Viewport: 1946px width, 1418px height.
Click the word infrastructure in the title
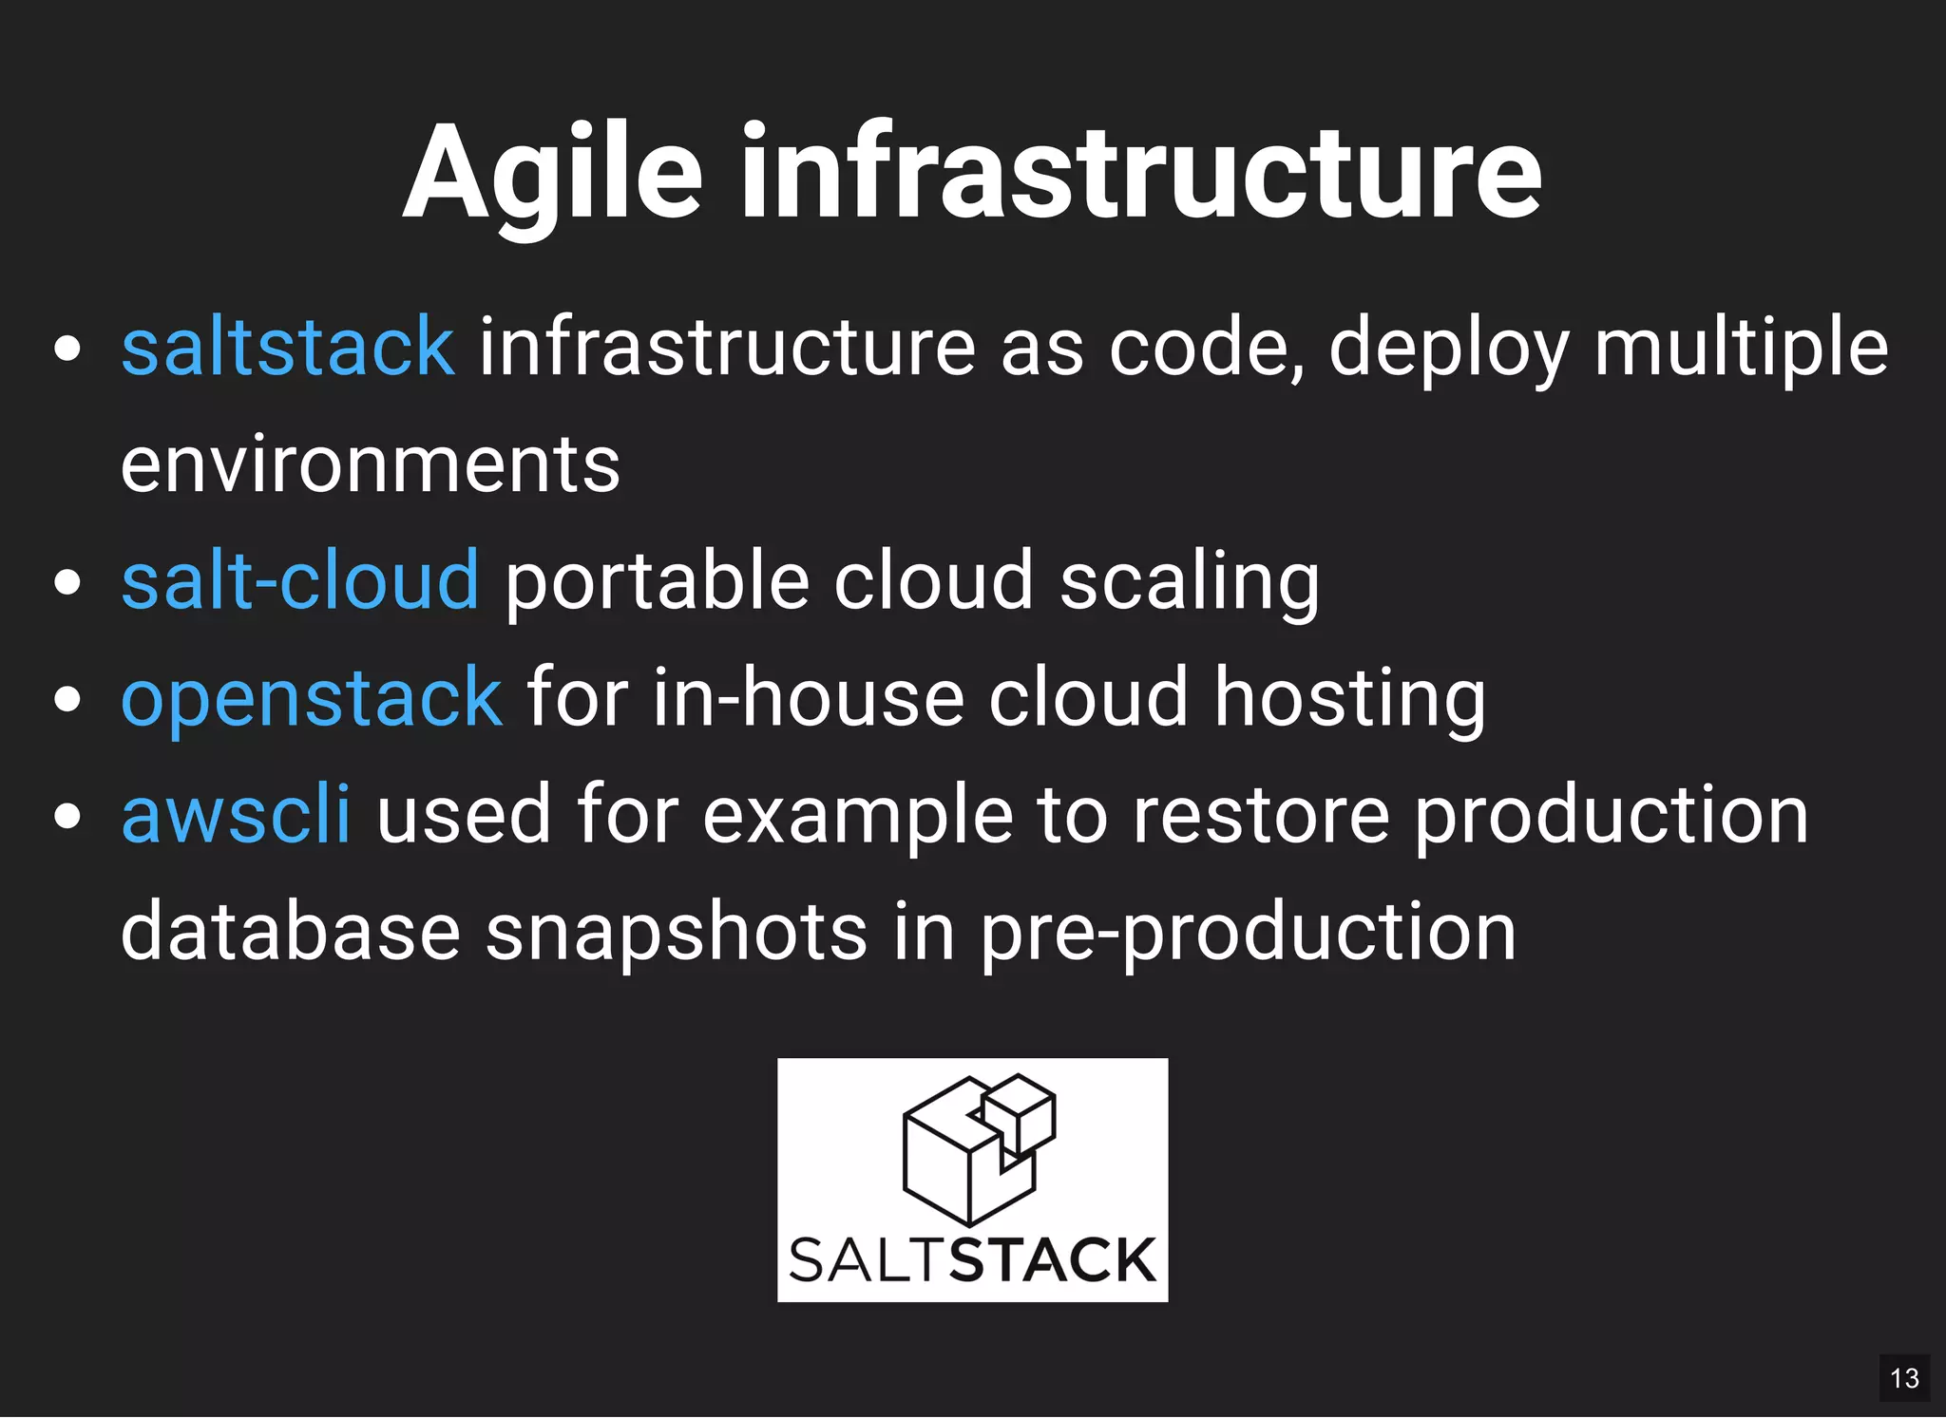pyautogui.click(x=1141, y=174)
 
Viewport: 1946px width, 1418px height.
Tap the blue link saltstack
pyautogui.click(x=288, y=348)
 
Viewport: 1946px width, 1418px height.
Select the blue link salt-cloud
pyautogui.click(x=300, y=580)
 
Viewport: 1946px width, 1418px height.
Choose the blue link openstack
pyautogui.click(x=312, y=698)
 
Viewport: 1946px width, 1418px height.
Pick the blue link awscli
pyautogui.click(x=236, y=815)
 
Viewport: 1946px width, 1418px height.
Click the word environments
pyautogui.click(x=371, y=464)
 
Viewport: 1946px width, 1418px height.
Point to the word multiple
pyautogui.click(x=1741, y=348)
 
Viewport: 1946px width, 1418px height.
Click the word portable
pyautogui.click(x=657, y=580)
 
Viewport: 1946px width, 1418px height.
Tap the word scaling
pyautogui.click(x=1190, y=582)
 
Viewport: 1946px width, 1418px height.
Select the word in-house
pyautogui.click(x=808, y=698)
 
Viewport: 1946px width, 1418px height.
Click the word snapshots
pyautogui.click(x=677, y=933)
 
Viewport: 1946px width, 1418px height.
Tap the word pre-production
pyautogui.click(x=1248, y=933)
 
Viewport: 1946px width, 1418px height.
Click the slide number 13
pyautogui.click(x=1904, y=1378)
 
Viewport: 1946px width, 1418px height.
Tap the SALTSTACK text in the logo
pyautogui.click(x=972, y=1261)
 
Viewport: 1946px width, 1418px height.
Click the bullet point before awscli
pyautogui.click(x=67, y=815)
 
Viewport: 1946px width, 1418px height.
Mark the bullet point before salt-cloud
pyautogui.click(x=67, y=581)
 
